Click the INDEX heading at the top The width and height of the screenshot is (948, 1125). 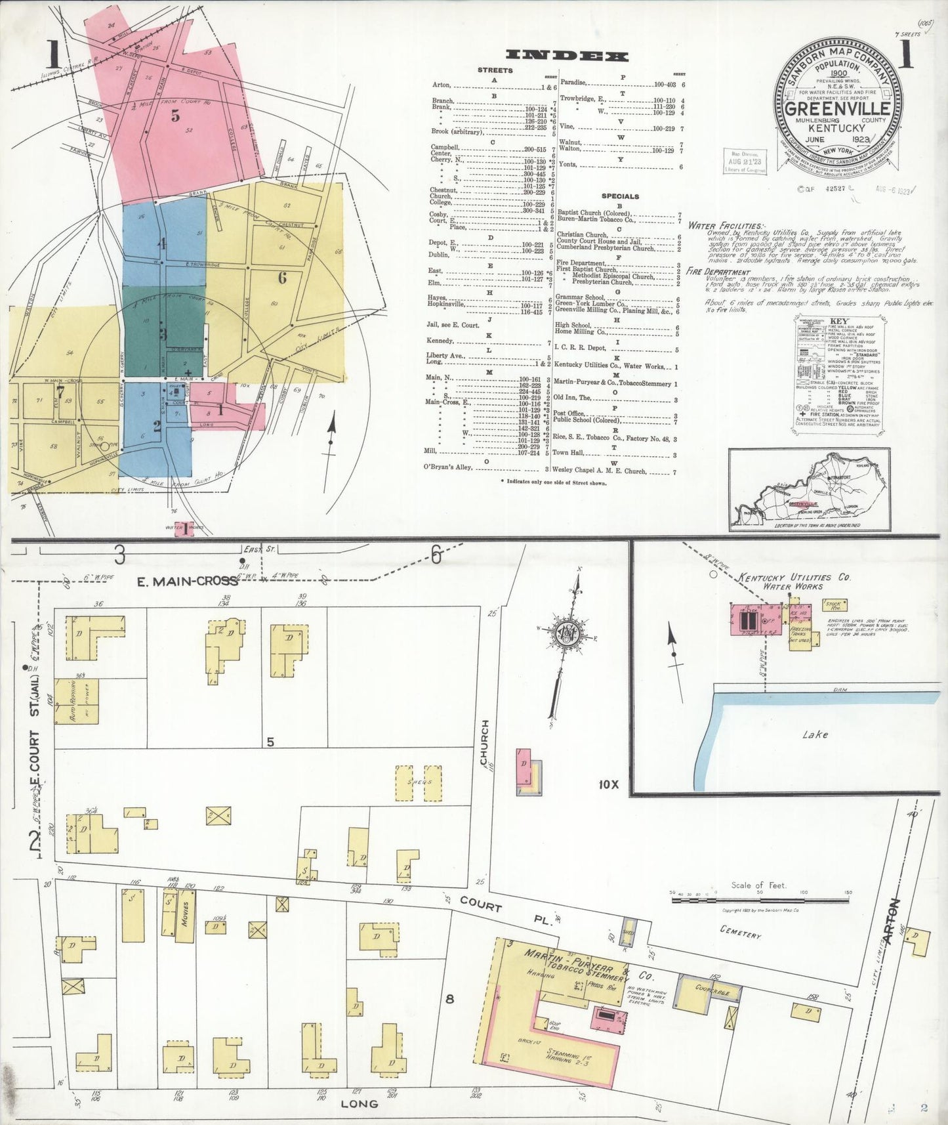[x=567, y=56]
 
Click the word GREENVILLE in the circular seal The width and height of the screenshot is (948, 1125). [x=837, y=109]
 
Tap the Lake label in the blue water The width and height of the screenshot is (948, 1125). [x=815, y=734]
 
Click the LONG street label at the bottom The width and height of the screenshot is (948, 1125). [x=359, y=1103]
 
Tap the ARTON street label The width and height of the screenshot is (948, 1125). [x=893, y=922]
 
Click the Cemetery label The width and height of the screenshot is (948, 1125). [x=740, y=931]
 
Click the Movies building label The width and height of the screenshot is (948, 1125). [x=186, y=913]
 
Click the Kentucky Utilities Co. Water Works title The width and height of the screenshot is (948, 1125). [x=794, y=581]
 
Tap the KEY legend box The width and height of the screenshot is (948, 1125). [x=839, y=373]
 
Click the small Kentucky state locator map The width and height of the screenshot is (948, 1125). [x=810, y=489]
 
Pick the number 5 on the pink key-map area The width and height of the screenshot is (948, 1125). [x=175, y=116]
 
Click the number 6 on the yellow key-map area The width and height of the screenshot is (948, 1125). [x=282, y=278]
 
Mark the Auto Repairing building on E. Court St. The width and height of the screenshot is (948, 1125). [x=77, y=701]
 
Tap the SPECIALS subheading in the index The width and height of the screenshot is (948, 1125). [x=620, y=196]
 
